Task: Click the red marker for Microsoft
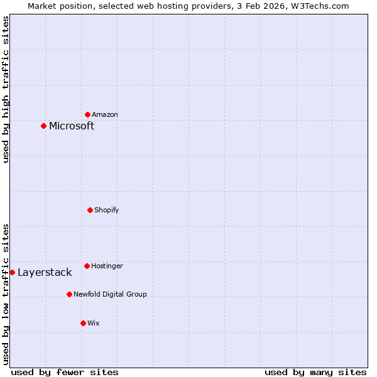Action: [43, 126]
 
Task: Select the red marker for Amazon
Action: [87, 114]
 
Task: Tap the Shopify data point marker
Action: [90, 210]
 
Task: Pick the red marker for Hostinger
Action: [87, 266]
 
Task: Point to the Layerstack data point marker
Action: [12, 272]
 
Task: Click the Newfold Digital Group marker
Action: [69, 294]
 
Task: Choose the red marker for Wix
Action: [83, 323]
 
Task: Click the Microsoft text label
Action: [72, 126]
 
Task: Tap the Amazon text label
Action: [105, 114]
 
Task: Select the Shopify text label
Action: [107, 210]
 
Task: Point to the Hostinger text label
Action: [107, 266]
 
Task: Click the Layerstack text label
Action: [45, 272]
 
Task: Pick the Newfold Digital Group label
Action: [110, 294]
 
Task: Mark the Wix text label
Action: [94, 323]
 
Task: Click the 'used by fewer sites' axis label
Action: [65, 372]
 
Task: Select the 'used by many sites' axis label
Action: [315, 372]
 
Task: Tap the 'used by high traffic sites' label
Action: [6, 89]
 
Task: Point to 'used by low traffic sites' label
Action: [6, 293]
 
